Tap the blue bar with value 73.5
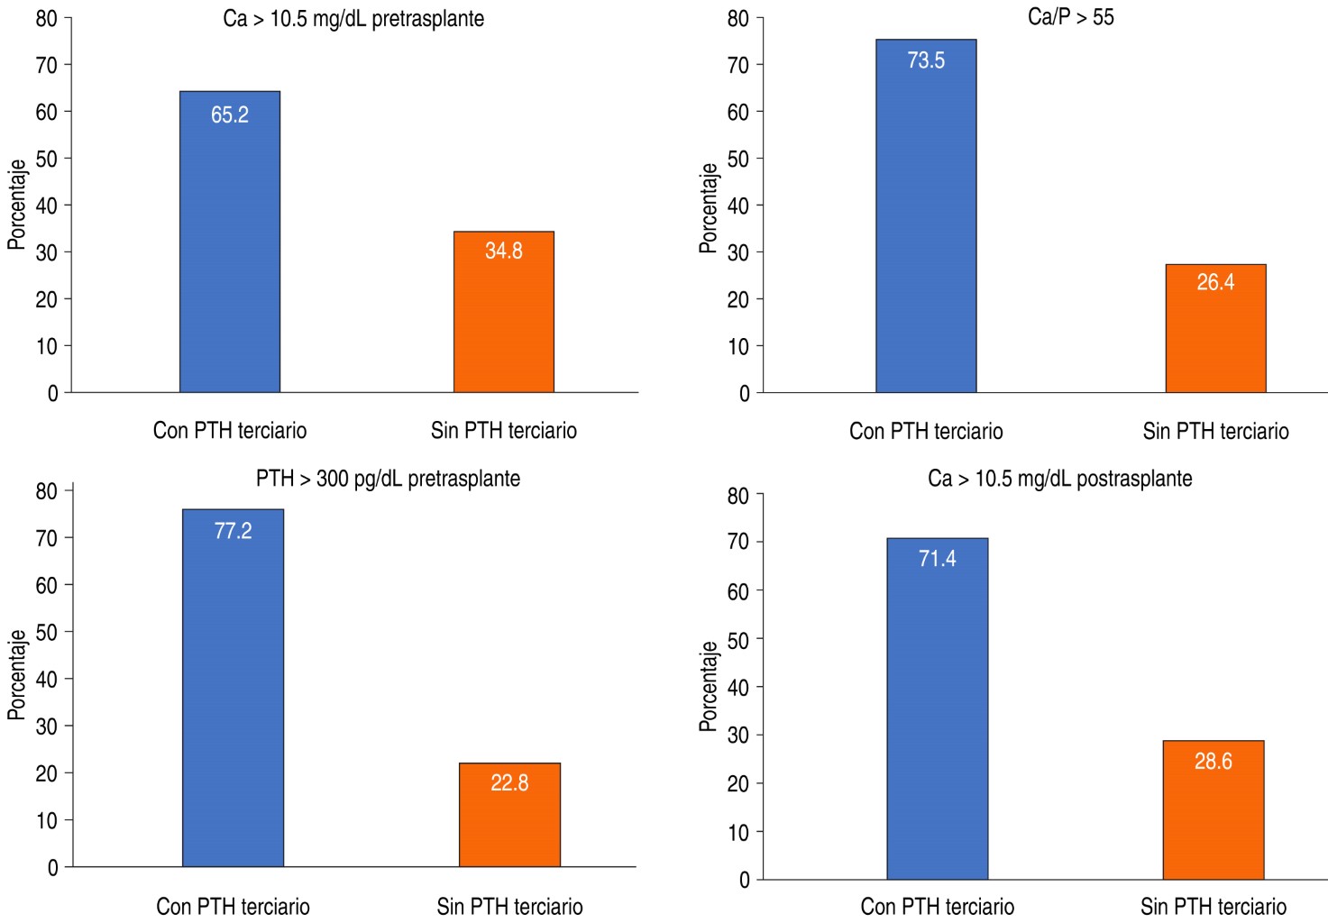pyautogui.click(x=926, y=216)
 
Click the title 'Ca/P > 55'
pyautogui.click(x=1070, y=17)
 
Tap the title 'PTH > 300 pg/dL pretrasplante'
pyautogui.click(x=388, y=478)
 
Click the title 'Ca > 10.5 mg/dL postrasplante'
pyautogui.click(x=1059, y=479)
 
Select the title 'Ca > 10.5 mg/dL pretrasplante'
pyautogui.click(x=353, y=19)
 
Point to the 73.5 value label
pyautogui.click(x=926, y=60)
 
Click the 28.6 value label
pyautogui.click(x=1213, y=762)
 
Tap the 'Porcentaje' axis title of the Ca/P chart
pyautogui.click(x=709, y=208)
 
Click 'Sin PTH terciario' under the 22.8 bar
pyautogui.click(x=509, y=906)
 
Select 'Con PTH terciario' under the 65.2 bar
pyautogui.click(x=230, y=431)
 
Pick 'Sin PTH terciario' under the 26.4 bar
pyautogui.click(x=1215, y=432)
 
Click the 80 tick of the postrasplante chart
pyautogui.click(x=737, y=496)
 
